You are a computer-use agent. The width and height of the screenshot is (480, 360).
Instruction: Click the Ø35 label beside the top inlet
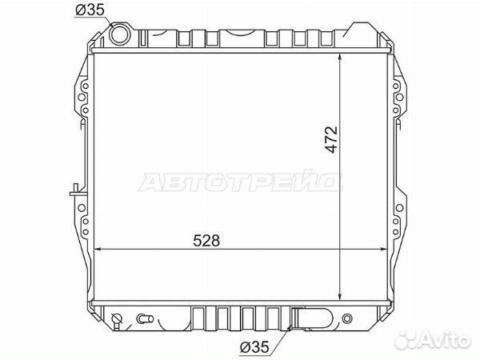tap(90, 10)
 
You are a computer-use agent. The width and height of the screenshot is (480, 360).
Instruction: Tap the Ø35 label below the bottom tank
tap(254, 347)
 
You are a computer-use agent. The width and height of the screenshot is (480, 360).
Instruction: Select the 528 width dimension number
tap(206, 241)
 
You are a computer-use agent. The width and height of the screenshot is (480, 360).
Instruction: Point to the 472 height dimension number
tap(331, 139)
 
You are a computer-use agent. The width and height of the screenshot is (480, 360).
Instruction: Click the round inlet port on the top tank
tap(118, 34)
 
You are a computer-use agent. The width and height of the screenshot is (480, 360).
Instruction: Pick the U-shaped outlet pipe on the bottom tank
tap(312, 318)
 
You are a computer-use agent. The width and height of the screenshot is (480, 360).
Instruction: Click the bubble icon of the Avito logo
tap(406, 339)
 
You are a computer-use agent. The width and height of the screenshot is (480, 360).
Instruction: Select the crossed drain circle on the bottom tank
tap(117, 318)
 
